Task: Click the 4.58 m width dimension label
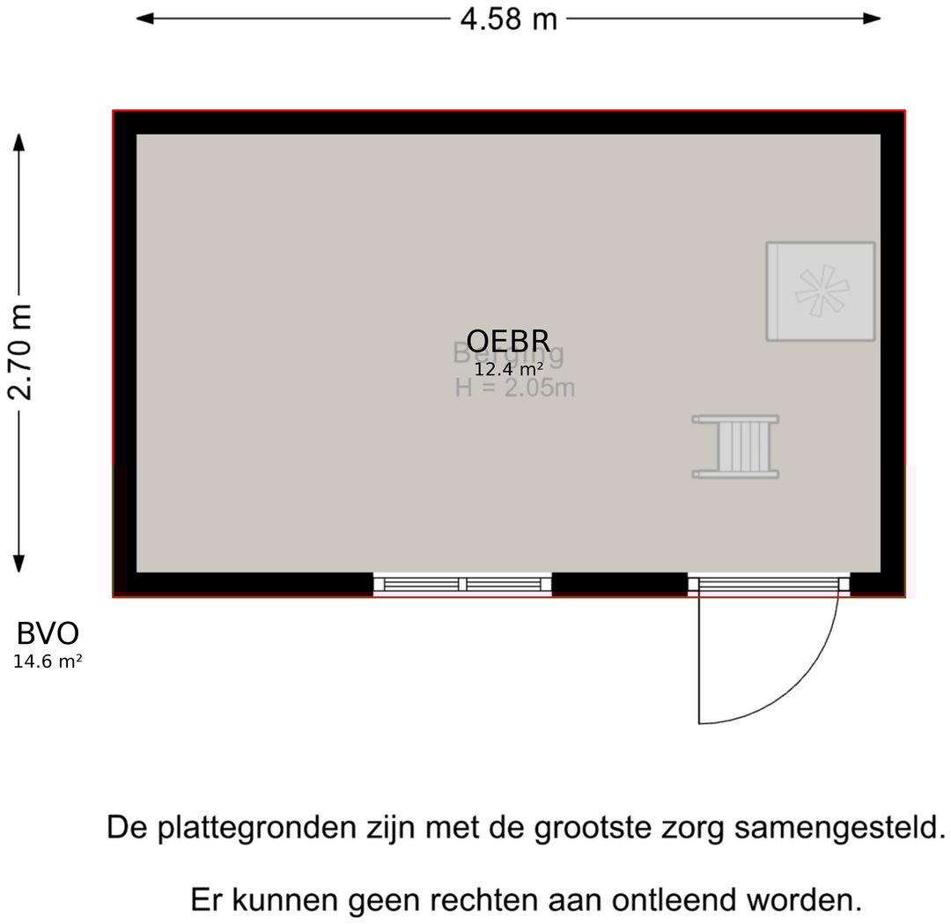(508, 18)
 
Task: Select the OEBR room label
(508, 341)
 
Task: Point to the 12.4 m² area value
(508, 369)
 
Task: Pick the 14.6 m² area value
(48, 662)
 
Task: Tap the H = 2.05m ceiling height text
(515, 388)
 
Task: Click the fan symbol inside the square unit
(820, 291)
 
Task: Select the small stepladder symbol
(735, 447)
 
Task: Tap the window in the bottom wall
(462, 584)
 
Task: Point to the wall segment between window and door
(619, 584)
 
